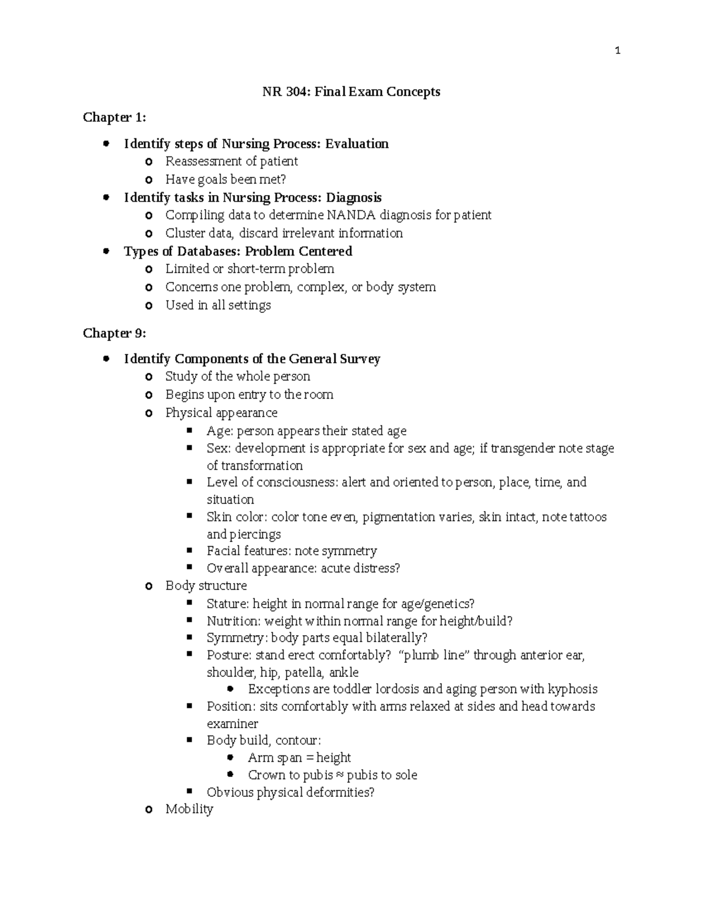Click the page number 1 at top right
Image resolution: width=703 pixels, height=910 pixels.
click(617, 51)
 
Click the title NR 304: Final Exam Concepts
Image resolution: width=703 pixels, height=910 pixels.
click(351, 92)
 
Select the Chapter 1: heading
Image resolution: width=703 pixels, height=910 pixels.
click(114, 118)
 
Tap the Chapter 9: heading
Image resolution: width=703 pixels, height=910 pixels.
click(114, 333)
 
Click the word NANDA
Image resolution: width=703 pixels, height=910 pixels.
click(351, 216)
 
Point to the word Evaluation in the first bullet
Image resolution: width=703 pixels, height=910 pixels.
click(357, 144)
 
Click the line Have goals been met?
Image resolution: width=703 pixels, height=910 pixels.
click(226, 180)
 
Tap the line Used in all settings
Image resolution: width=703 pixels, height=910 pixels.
click(218, 306)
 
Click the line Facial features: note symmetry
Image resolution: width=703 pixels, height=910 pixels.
click(291, 551)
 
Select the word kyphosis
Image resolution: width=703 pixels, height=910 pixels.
click(572, 690)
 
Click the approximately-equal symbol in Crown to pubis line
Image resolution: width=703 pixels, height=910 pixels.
click(339, 776)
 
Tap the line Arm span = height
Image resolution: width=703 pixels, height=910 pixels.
click(299, 758)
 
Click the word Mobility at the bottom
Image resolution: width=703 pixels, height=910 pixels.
click(189, 810)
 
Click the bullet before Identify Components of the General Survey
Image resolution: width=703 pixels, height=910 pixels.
click(106, 359)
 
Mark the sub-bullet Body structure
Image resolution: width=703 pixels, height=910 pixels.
click(206, 586)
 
